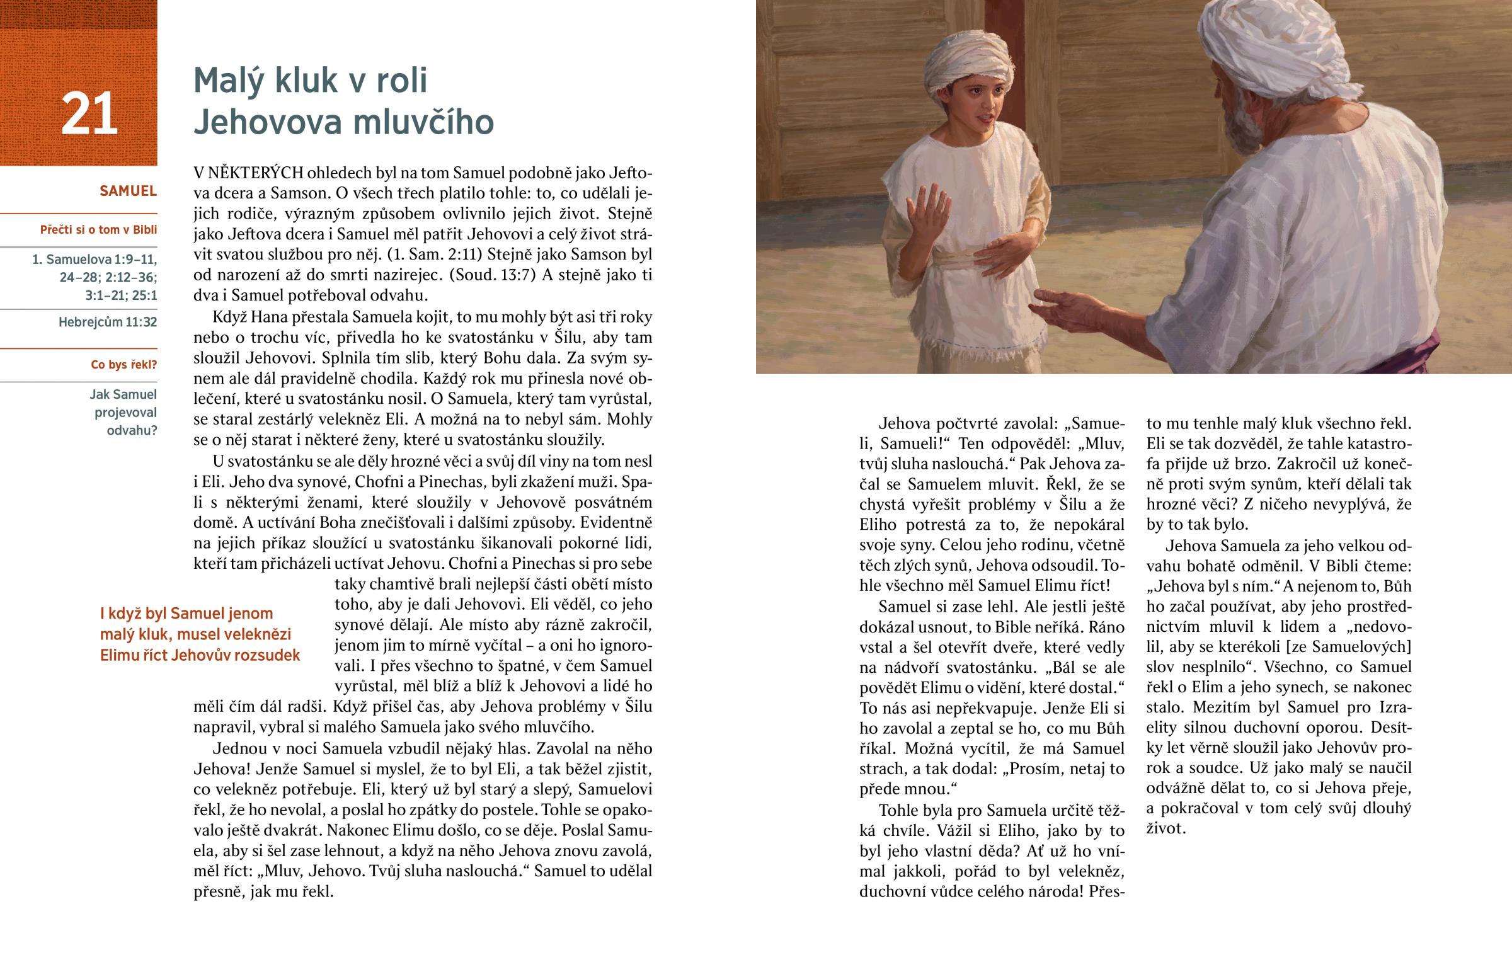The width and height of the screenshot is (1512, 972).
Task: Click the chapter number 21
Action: point(89,113)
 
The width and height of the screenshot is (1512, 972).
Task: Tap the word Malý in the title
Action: point(230,80)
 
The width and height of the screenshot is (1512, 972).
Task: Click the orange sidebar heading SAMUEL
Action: point(128,191)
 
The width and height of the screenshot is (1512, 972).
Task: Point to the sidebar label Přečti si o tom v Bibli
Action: point(98,230)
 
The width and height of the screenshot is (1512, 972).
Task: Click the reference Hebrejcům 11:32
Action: point(107,322)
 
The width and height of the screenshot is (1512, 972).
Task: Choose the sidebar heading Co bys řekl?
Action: point(123,365)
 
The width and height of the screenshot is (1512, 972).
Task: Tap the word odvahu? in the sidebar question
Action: point(132,430)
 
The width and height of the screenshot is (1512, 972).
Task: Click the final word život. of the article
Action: point(1166,828)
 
